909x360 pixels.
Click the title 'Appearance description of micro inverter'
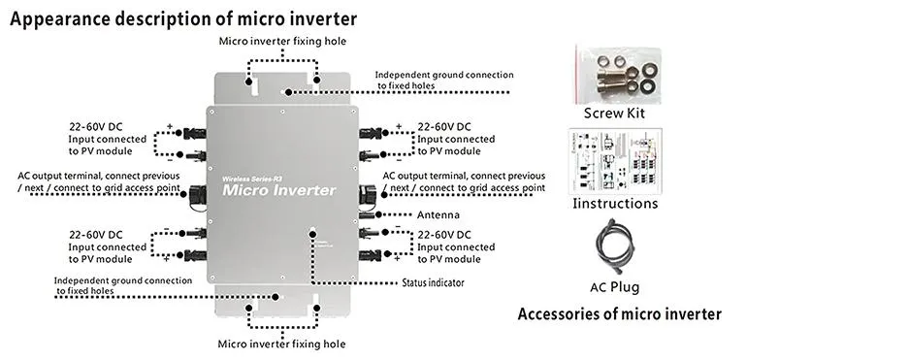pos(183,18)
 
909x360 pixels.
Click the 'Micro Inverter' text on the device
pos(279,190)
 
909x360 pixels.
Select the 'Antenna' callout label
pos(438,214)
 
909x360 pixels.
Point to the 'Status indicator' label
pos(433,283)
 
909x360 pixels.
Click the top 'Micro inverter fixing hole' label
pos(281,41)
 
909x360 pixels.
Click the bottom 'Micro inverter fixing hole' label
pos(281,344)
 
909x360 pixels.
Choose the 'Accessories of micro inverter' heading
pos(619,314)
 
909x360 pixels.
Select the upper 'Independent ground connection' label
pos(443,81)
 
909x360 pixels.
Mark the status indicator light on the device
pos(312,232)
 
